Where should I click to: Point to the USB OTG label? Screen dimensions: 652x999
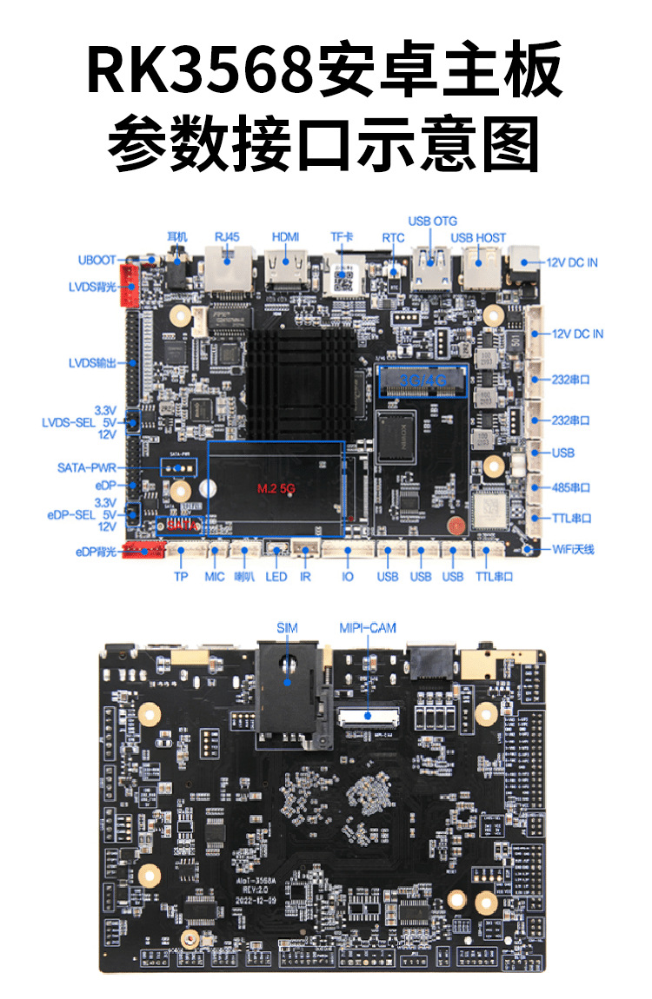pyautogui.click(x=432, y=222)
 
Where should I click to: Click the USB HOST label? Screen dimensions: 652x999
pyautogui.click(x=477, y=238)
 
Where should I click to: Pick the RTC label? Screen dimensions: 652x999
pyautogui.click(x=393, y=238)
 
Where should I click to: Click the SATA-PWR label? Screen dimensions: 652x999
pyautogui.click(x=86, y=467)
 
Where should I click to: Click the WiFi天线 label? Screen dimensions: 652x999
pyautogui.click(x=573, y=549)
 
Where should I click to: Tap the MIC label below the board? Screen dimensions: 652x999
pyautogui.click(x=215, y=577)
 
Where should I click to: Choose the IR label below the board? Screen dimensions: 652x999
pyautogui.click(x=306, y=577)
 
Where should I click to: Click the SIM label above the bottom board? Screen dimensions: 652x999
pyautogui.click(x=287, y=627)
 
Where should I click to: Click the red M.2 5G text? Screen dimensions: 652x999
pyautogui.click(x=276, y=489)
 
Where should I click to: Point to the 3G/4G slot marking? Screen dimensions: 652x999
pyautogui.click(x=422, y=380)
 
